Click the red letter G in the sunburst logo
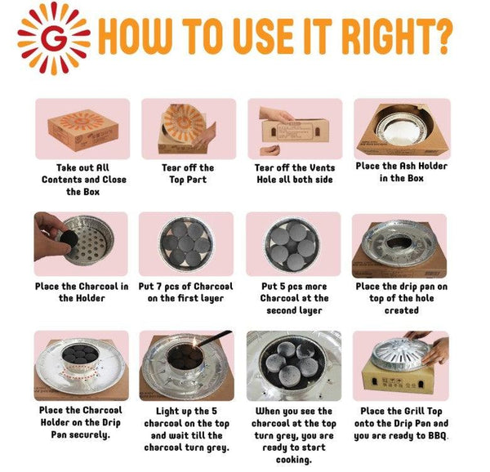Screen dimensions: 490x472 53,38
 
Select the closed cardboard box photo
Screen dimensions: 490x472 82,130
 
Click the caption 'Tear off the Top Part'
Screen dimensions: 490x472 188,174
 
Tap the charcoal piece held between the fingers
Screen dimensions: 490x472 69,238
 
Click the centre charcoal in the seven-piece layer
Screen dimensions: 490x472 186,243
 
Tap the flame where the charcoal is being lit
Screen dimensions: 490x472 194,343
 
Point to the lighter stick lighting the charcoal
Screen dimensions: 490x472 214,338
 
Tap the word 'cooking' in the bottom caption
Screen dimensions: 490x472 293,460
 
